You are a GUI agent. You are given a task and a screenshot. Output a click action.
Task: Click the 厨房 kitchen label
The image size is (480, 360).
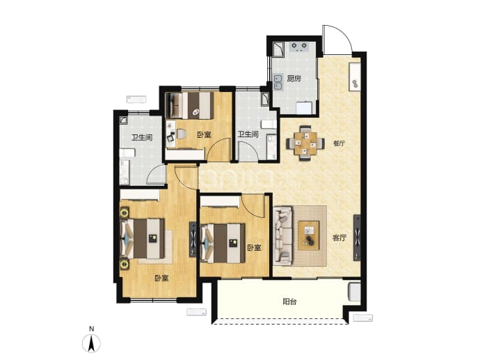pos(294,79)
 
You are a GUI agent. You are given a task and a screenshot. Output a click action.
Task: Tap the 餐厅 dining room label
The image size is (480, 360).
pos(339,143)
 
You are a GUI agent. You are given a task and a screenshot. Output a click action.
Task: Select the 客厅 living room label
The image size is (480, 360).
pos(339,237)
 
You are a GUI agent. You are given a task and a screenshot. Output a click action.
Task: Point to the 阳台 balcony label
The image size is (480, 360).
pos(289,302)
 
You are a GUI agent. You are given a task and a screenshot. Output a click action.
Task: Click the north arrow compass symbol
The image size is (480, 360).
pos(91,343)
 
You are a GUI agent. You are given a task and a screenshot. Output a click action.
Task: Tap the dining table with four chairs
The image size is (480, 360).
pos(305,143)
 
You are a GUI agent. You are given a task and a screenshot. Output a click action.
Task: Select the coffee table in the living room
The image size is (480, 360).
pos(309,235)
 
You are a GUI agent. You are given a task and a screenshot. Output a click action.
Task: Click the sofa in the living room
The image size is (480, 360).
pos(282,235)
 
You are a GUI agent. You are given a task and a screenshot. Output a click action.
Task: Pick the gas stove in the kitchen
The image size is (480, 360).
pos(298,46)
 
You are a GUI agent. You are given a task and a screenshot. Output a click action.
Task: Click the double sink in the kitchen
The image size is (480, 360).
pos(278,81)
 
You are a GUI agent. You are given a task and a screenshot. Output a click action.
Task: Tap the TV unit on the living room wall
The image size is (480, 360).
pos(357,237)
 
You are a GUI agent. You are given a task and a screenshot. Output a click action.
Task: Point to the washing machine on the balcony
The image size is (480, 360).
pos(355,291)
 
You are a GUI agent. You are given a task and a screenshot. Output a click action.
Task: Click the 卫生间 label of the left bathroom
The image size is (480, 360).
pos(142,137)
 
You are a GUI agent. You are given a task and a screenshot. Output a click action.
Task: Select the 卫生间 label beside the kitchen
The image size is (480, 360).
pos(248,134)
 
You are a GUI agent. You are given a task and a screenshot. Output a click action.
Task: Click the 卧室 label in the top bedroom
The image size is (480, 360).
pos(204,134)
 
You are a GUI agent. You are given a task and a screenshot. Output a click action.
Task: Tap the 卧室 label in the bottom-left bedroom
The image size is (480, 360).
pos(161,279)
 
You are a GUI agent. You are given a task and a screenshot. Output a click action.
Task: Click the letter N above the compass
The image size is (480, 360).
pos(91,329)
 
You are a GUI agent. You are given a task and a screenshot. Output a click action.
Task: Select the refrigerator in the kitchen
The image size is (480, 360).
pos(304,107)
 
